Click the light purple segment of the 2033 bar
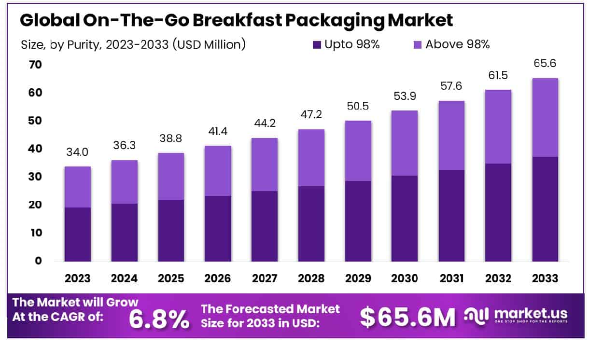point(545,117)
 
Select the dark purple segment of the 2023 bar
point(77,235)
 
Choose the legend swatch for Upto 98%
point(317,45)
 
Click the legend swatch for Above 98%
point(417,45)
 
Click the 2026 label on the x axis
point(218,278)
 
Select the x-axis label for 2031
point(452,278)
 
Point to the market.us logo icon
point(477,315)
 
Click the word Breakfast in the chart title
point(242,20)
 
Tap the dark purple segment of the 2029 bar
point(358,221)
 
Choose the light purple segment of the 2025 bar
point(171,176)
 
